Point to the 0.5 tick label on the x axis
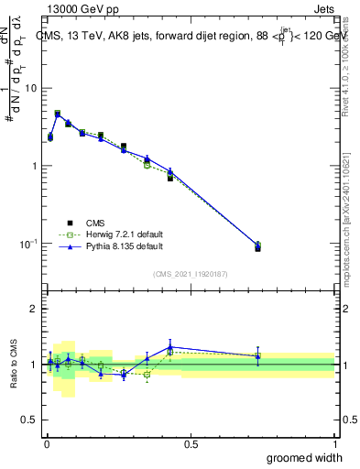[x=191, y=443]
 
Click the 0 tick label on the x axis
[x=47, y=443]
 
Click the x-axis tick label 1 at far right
[x=334, y=443]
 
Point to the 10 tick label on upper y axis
[x=32, y=88]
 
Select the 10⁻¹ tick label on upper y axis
[x=29, y=245]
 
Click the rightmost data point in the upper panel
[x=257, y=246]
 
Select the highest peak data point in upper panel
[x=58, y=115]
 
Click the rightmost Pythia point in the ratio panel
[x=257, y=355]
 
